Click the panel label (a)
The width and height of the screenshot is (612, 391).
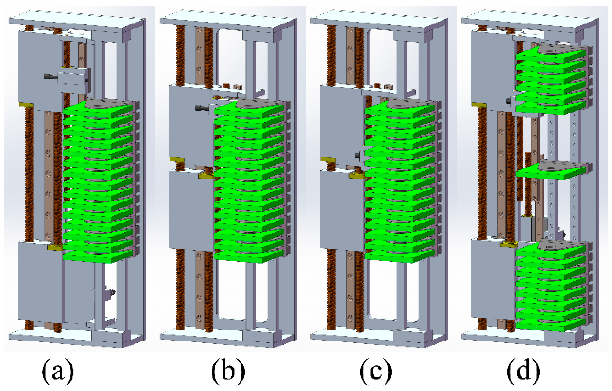coord(58,371)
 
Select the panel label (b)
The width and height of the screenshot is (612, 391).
coord(228,371)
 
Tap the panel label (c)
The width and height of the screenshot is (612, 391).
coord(376,371)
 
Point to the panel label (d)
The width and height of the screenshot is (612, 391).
coord(523,371)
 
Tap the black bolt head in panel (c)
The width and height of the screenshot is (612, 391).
coord(357,156)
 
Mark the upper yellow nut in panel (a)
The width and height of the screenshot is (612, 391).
coord(26,105)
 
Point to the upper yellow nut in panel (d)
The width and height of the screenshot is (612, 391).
coord(478,105)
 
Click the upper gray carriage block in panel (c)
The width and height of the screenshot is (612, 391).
coord(341,122)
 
